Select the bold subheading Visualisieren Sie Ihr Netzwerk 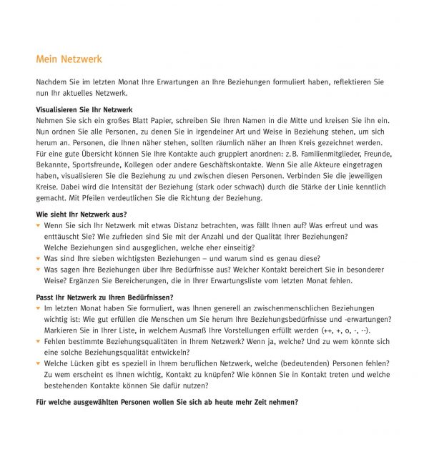coord(84,109)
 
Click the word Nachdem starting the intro coord(51,82)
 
